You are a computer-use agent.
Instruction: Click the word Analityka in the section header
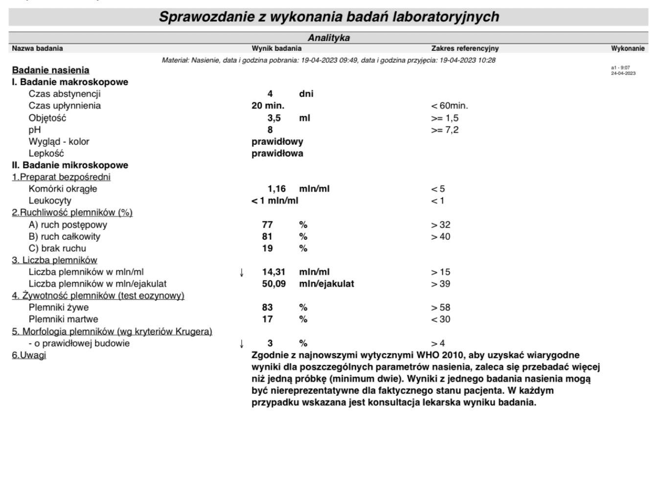328,38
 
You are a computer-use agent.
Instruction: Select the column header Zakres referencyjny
465,48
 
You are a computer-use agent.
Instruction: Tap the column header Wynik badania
276,48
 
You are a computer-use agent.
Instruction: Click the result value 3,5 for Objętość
274,118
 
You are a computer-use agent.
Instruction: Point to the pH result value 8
270,130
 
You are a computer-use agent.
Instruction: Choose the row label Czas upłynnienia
65,106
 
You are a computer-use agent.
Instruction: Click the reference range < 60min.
449,106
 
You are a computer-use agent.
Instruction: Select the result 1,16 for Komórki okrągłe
276,189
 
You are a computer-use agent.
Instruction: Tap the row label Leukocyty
50,201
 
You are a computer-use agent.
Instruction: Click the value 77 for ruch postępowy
267,225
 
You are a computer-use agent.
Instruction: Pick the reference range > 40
440,237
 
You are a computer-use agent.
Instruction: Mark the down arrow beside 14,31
242,273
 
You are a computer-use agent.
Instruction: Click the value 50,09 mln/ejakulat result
273,284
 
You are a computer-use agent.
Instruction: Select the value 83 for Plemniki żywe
267,308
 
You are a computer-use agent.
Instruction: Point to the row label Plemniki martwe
63,319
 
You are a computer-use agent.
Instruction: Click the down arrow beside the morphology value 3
242,344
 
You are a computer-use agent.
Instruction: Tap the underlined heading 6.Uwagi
29,355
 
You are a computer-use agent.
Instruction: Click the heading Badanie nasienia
50,70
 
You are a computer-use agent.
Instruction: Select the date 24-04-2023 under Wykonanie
623,73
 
